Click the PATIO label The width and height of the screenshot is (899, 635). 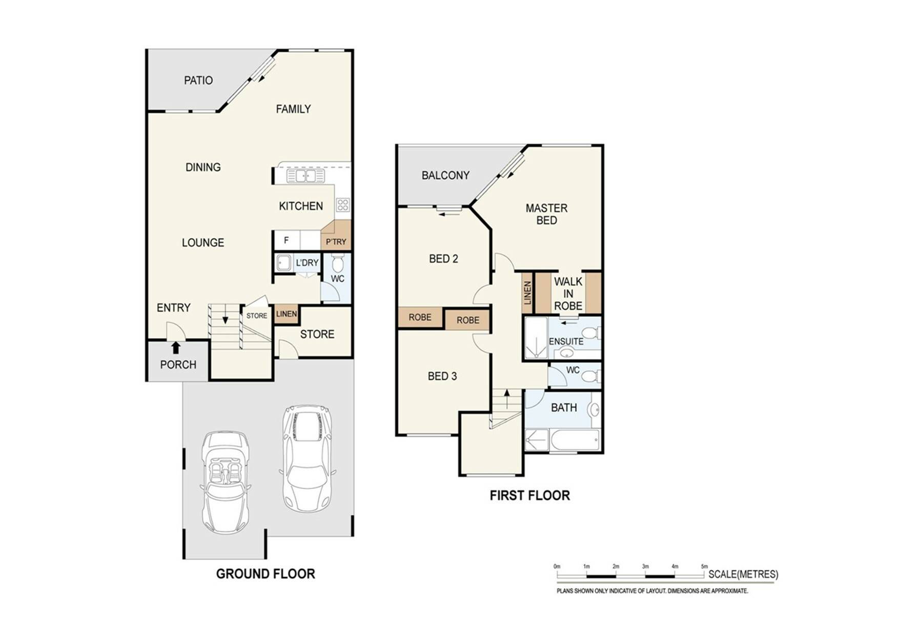click(198, 80)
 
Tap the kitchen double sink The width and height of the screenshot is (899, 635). click(305, 176)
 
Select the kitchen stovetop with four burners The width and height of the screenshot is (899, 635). click(343, 205)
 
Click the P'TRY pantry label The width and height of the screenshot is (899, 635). click(336, 242)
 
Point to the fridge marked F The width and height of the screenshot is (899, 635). click(287, 240)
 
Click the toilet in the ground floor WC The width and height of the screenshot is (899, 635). click(337, 264)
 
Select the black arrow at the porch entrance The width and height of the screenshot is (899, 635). click(176, 348)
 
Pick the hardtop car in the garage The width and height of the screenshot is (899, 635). click(307, 456)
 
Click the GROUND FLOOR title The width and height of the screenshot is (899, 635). click(265, 574)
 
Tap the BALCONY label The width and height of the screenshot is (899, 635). click(445, 176)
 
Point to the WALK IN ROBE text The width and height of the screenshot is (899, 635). click(568, 293)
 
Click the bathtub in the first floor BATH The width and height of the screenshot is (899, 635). click(574, 440)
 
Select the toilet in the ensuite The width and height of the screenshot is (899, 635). click(590, 334)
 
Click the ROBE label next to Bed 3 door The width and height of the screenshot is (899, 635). click(468, 320)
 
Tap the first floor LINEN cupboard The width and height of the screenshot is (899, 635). click(527, 292)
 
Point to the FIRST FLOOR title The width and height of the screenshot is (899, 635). click(529, 495)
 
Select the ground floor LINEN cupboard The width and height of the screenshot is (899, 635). click(286, 314)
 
